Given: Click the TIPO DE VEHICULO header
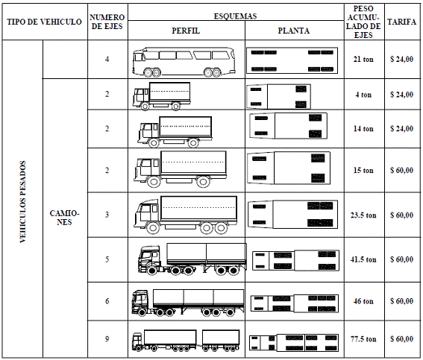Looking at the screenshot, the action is click(44, 22).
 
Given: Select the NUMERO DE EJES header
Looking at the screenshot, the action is click(107, 22).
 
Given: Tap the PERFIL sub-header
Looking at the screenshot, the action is click(186, 31).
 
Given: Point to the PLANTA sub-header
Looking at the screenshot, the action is click(294, 31).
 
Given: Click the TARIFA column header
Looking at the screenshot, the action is click(401, 22).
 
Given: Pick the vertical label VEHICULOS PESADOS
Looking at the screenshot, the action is click(23, 202).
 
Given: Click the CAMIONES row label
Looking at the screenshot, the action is click(64, 218).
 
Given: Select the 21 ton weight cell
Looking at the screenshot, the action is click(363, 59).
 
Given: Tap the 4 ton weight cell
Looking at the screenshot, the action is click(363, 95).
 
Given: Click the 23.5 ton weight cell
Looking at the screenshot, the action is click(363, 215).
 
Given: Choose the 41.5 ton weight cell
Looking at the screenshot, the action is click(363, 259).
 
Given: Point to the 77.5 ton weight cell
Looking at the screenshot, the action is click(363, 338).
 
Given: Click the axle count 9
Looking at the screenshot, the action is click(107, 338).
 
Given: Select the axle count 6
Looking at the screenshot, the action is click(107, 300).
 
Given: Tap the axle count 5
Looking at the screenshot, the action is click(107, 259).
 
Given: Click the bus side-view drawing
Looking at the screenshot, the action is click(184, 62).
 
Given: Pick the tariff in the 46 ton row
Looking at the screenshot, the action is click(401, 300).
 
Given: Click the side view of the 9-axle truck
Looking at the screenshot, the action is click(186, 341).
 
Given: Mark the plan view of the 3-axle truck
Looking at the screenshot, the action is click(292, 215).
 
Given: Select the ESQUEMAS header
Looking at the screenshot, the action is click(236, 16).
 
